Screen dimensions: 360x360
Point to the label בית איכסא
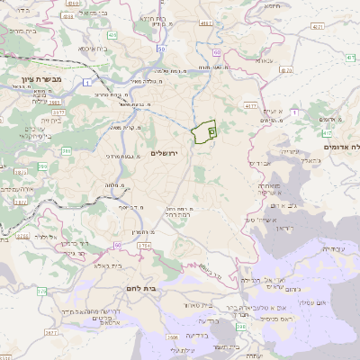point(92,49)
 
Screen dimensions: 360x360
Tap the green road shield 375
point(41,292)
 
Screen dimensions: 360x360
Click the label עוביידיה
point(333,248)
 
